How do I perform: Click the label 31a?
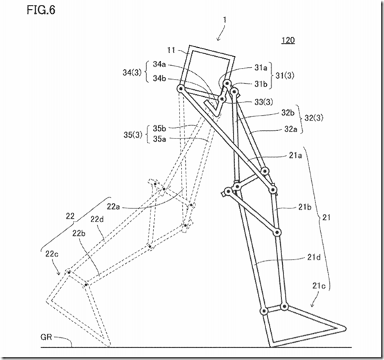click(x=260, y=68)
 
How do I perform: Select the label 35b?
click(x=159, y=128)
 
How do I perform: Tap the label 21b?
click(x=304, y=207)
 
